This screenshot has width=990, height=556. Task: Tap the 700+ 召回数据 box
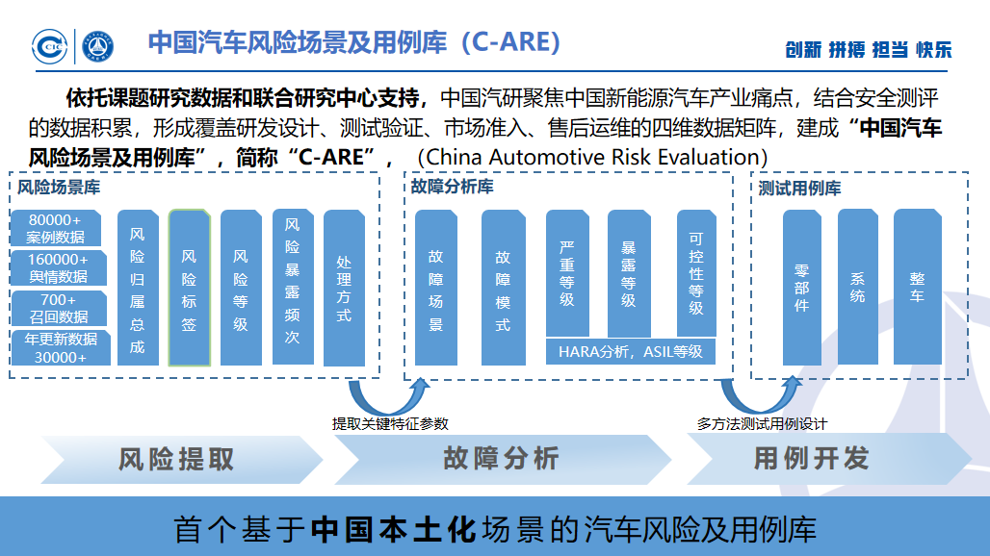click(x=59, y=308)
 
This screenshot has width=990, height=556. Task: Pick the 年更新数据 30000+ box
click(x=60, y=347)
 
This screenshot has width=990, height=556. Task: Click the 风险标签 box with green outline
click(x=189, y=289)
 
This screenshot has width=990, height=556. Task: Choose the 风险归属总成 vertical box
click(x=138, y=289)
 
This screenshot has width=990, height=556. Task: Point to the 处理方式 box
click(x=344, y=289)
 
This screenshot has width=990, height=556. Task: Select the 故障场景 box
click(x=436, y=289)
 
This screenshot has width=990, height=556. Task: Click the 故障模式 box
click(x=503, y=289)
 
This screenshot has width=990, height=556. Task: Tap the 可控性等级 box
click(x=696, y=272)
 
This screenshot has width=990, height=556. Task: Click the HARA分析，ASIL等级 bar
click(x=631, y=351)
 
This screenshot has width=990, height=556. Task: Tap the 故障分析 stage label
click(x=501, y=459)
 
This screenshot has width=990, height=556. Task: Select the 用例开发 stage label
click(x=811, y=459)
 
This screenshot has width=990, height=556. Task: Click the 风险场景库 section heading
click(x=59, y=188)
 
